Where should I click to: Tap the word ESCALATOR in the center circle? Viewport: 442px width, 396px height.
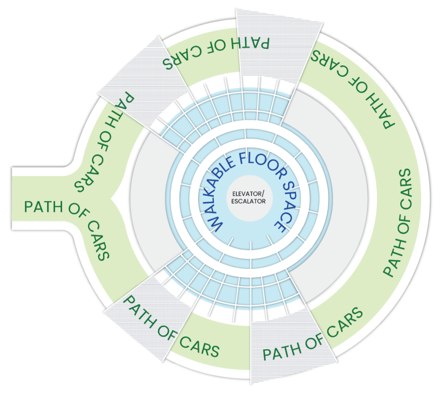coord(249,201)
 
